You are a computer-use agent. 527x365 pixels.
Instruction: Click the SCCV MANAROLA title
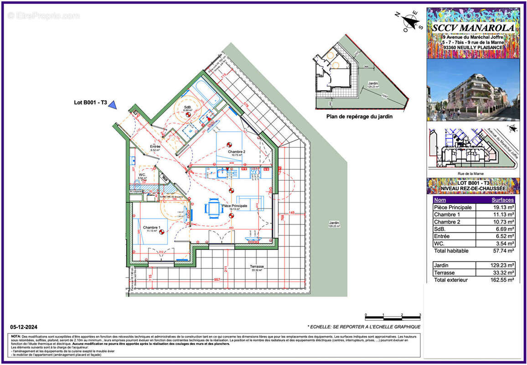coord(474,28)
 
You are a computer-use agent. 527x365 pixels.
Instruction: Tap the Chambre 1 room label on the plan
coord(151,227)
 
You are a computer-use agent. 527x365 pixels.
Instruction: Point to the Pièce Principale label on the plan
coord(234,206)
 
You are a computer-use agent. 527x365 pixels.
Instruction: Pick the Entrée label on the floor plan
coord(155,146)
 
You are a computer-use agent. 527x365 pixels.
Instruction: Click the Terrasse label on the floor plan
coord(257,266)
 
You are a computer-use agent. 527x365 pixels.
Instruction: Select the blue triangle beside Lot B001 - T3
coord(113,105)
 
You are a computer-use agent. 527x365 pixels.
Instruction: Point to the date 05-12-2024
coord(24,327)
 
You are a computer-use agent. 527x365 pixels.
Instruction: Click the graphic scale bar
coord(392,317)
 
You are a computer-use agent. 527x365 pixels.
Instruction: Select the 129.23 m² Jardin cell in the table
coord(495,265)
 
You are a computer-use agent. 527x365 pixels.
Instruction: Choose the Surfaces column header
coord(502,200)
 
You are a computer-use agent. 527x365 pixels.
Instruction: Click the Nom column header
coord(440,200)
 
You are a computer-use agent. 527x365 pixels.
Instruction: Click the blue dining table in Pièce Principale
coord(213,208)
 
